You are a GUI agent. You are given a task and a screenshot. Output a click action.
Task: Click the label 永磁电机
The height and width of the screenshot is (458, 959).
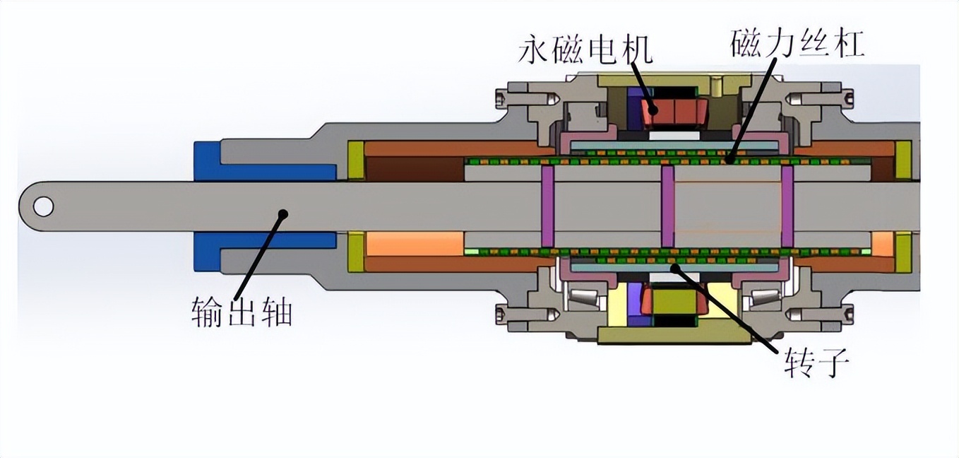point(585,49)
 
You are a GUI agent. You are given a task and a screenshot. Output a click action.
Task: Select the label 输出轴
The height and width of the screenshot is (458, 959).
point(242,311)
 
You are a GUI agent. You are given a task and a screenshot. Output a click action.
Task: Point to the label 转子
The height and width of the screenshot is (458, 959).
point(816,364)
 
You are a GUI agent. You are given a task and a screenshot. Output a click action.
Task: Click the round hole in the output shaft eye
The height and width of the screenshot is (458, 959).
point(43,206)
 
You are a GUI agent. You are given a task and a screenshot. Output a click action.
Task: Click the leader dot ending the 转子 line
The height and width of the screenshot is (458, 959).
point(675,267)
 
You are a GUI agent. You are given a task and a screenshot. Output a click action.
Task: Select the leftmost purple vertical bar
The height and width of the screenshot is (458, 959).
point(547,206)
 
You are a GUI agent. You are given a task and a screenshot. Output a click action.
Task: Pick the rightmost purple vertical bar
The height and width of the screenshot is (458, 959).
point(787,206)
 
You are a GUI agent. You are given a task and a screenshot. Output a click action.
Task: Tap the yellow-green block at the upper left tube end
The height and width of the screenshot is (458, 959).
point(356,160)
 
